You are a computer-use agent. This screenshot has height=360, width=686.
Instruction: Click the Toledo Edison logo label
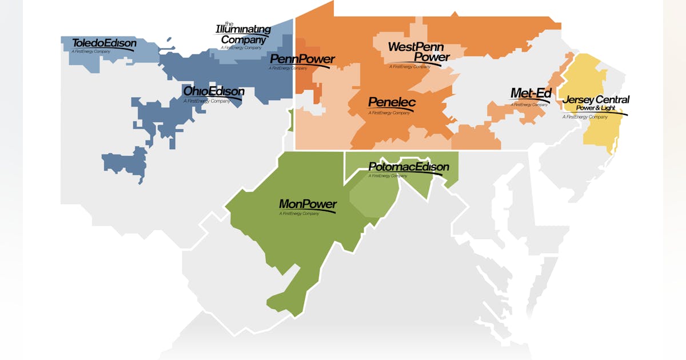104,43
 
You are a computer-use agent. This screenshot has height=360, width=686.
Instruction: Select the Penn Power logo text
302,59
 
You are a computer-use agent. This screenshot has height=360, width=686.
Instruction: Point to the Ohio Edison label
213,91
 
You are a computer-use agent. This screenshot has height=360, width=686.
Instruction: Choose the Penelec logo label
392,103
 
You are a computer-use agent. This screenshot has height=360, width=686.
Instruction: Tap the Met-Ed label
531,93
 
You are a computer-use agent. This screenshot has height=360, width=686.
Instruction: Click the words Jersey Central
596,100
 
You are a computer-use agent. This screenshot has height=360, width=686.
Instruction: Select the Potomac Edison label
408,167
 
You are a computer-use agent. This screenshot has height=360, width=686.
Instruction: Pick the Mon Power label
308,204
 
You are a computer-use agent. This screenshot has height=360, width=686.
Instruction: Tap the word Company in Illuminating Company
244,40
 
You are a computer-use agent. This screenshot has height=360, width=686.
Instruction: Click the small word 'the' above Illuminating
229,23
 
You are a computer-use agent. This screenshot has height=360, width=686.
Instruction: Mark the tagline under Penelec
389,113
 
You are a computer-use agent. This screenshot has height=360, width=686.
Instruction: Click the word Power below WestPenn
432,57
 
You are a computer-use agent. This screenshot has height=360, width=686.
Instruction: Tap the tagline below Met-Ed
529,105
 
